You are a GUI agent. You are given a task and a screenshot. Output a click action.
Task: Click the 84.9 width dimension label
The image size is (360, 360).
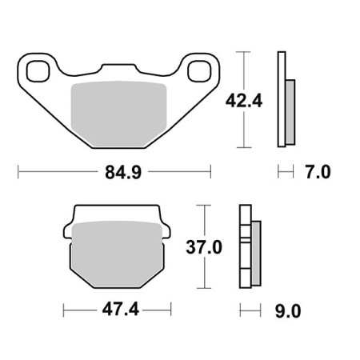tap(123, 172)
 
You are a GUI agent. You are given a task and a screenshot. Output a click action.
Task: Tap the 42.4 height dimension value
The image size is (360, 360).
tap(244, 101)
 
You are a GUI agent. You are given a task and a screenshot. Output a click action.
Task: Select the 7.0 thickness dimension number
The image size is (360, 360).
tap(318, 172)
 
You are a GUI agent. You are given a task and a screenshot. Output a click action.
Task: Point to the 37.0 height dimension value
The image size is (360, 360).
tap(204, 247)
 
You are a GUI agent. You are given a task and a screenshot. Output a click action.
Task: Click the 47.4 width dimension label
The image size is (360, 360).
tap(121, 310)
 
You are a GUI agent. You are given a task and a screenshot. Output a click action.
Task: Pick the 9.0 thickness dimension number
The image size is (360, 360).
tap(288, 311)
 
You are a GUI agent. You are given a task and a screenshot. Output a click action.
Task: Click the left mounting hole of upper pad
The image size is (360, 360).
tap(38, 71)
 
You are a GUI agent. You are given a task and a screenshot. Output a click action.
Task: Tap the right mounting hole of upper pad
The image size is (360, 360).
tap(198, 71)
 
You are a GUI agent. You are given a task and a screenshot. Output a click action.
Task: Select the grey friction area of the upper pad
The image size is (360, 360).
tap(118, 114)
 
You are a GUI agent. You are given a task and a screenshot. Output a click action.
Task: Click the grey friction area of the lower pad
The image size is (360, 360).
tap(118, 254)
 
